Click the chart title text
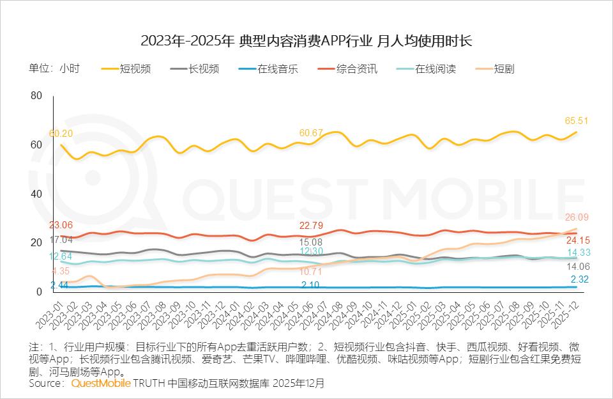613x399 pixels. [306, 42]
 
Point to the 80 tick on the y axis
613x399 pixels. [36, 96]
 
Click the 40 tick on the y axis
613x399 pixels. [36, 194]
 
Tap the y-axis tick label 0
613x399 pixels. [39, 292]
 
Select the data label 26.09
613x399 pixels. [577, 217]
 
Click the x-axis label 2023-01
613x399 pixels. [52, 313]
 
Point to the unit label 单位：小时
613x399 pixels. [54, 69]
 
